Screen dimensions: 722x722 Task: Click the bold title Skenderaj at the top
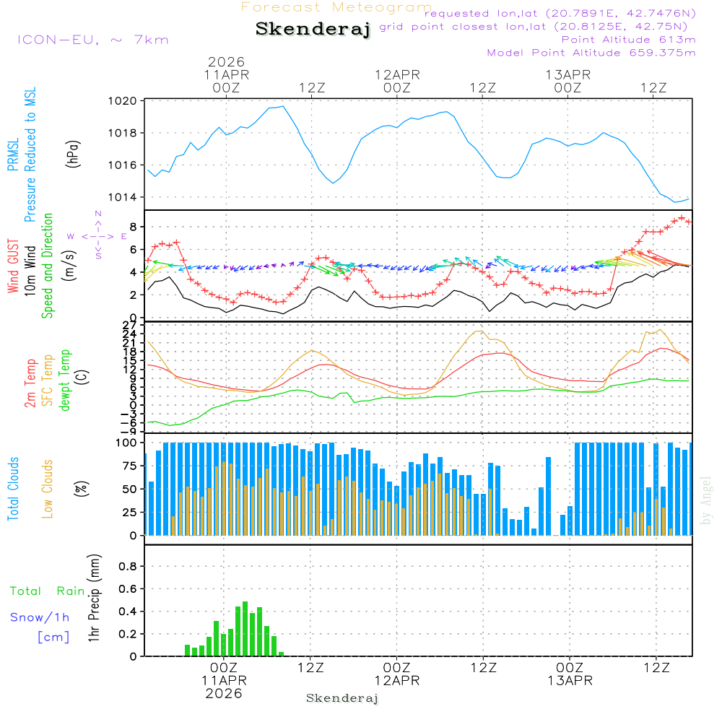(x=313, y=30)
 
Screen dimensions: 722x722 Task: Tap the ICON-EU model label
(x=92, y=40)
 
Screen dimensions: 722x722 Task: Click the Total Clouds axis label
(x=14, y=489)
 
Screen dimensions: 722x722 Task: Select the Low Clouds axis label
(x=48, y=489)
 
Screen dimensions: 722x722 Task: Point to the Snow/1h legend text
(x=40, y=617)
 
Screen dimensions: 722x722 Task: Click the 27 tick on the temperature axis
(x=130, y=325)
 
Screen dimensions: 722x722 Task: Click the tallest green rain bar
(x=245, y=629)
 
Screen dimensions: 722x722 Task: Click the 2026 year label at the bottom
(x=224, y=693)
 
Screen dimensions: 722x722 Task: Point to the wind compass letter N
(x=98, y=214)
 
